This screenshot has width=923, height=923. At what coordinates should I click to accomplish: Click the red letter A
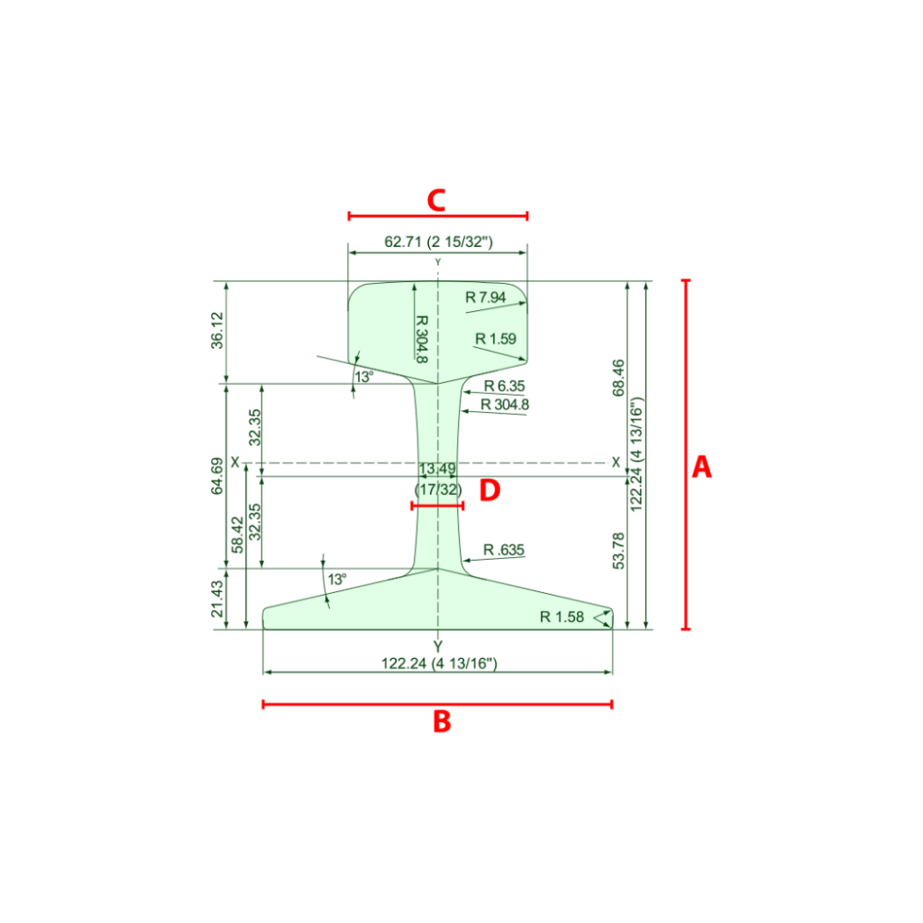pyautogui.click(x=701, y=467)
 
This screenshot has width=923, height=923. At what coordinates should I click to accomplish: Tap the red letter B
pyautogui.click(x=442, y=721)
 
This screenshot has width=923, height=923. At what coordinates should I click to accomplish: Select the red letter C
pyautogui.click(x=436, y=200)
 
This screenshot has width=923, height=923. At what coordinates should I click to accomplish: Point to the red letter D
pyautogui.click(x=489, y=489)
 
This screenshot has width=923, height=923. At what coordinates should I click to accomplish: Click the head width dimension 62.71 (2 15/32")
pyautogui.click(x=439, y=242)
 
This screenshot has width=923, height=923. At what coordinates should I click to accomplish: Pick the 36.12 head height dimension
pyautogui.click(x=217, y=330)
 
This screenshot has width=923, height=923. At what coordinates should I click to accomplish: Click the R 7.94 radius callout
pyautogui.click(x=486, y=297)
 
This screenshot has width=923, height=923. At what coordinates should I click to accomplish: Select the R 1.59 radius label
pyautogui.click(x=496, y=339)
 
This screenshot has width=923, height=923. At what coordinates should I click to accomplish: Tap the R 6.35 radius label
pyautogui.click(x=504, y=386)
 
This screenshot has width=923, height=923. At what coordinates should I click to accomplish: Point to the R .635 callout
pyautogui.click(x=503, y=550)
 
